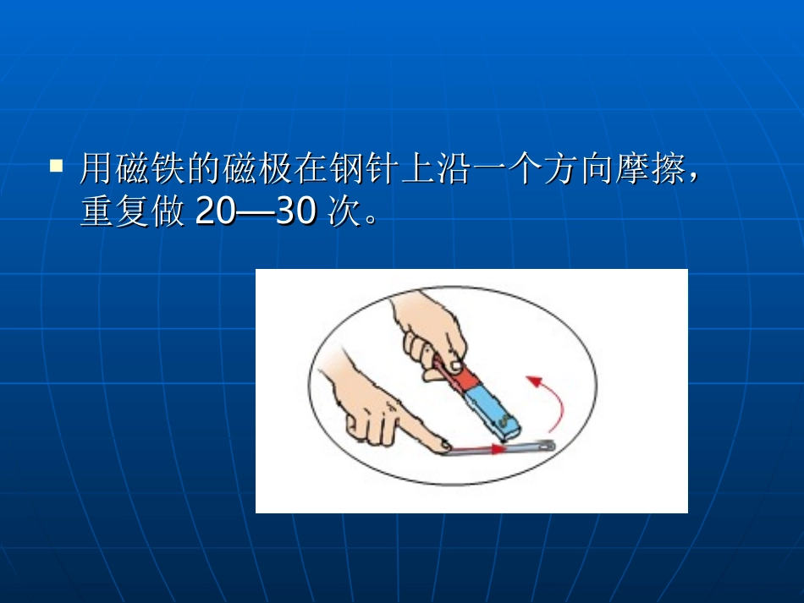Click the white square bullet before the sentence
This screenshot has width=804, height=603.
click(57, 165)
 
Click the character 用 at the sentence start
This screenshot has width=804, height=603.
click(96, 170)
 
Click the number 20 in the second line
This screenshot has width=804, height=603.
click(217, 212)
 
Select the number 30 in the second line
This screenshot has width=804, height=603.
click(295, 212)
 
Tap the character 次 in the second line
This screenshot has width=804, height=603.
click(343, 212)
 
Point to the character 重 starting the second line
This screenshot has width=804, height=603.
click(96, 212)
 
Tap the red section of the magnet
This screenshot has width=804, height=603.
click(447, 375)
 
